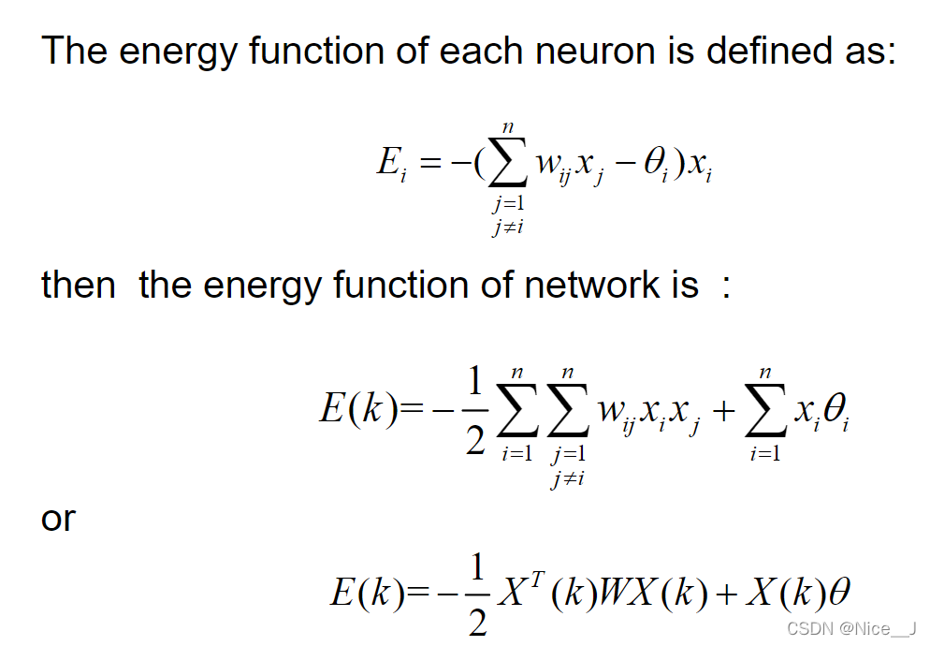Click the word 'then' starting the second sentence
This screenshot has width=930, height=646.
79,285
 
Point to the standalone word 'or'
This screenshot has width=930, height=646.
58,518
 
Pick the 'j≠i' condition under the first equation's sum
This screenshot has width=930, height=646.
507,227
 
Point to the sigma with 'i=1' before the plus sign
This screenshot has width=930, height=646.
516,412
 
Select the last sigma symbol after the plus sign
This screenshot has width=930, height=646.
765,412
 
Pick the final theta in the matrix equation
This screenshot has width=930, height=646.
839,593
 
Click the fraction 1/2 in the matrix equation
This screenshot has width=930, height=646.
477,594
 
